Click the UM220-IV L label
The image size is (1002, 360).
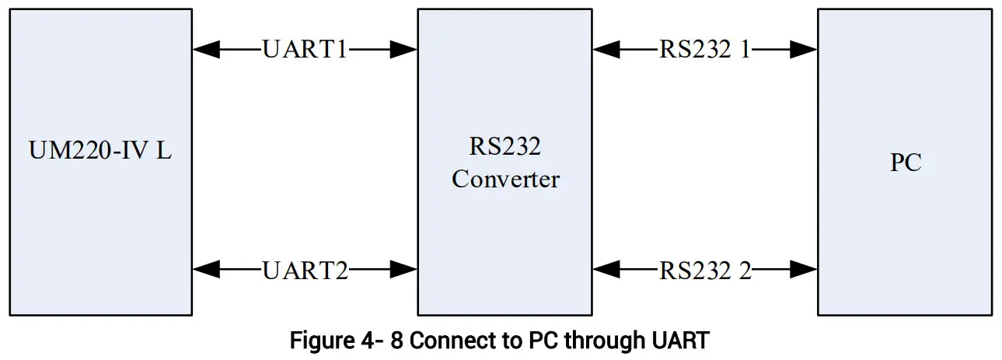(100, 151)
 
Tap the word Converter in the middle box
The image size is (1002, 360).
(505, 179)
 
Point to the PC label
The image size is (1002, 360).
(906, 163)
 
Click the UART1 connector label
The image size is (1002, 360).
(305, 49)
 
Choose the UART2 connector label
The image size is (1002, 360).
(305, 270)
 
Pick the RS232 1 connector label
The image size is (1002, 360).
(705, 49)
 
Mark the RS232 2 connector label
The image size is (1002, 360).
(705, 270)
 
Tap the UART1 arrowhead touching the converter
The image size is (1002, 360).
(404, 50)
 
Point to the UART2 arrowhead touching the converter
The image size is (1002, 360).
(404, 270)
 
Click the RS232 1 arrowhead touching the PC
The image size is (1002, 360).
(805, 50)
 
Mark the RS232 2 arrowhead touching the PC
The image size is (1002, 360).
(805, 270)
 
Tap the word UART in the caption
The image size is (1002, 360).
(686, 341)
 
